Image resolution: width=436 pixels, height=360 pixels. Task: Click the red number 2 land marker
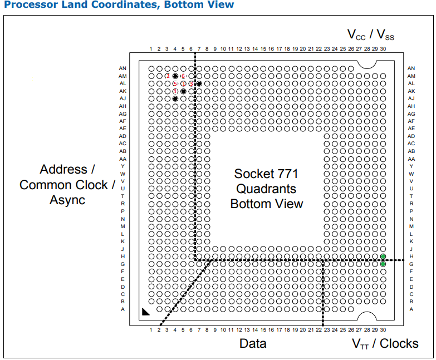167,76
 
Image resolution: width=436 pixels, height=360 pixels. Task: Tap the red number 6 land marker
183,76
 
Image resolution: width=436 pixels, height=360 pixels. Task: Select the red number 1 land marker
183,83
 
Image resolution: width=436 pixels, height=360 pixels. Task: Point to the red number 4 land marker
175,91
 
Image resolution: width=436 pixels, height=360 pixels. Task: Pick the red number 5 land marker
175,83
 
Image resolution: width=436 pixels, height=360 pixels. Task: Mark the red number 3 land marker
191,83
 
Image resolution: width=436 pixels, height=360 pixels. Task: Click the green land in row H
383,256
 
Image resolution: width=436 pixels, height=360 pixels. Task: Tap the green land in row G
383,264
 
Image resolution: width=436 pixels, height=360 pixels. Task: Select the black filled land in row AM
175,76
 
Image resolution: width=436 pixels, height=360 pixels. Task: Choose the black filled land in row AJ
175,98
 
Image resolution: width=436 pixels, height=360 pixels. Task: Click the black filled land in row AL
199,83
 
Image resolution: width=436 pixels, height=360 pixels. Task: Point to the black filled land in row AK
183,91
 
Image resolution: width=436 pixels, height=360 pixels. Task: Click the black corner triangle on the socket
145,312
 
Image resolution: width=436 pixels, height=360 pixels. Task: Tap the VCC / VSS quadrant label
371,34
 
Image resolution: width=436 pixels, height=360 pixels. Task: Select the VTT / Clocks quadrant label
385,343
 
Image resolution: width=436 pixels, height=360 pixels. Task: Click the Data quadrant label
253,343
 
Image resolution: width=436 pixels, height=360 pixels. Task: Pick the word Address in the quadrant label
63,169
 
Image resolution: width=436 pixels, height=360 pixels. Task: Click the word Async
67,199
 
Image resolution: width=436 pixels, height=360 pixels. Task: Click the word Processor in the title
28,5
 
